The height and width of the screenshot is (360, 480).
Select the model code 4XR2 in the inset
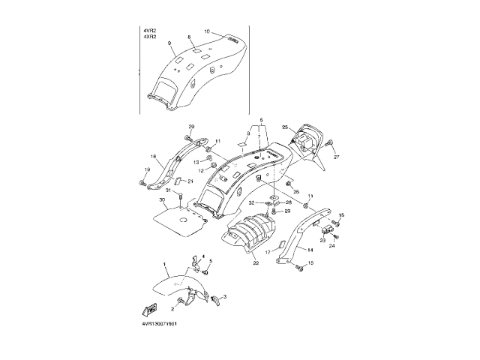pyautogui.click(x=149, y=37)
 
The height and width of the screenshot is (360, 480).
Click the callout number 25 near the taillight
pyautogui.click(x=284, y=127)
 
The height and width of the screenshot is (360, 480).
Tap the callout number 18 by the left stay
pyautogui.click(x=152, y=157)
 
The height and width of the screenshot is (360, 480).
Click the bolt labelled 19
pyautogui.click(x=141, y=182)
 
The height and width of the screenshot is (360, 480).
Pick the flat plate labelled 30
pyautogui.click(x=180, y=218)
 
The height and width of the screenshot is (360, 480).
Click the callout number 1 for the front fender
pyautogui.click(x=166, y=265)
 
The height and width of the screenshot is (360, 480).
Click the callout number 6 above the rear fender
pyautogui.click(x=262, y=120)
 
